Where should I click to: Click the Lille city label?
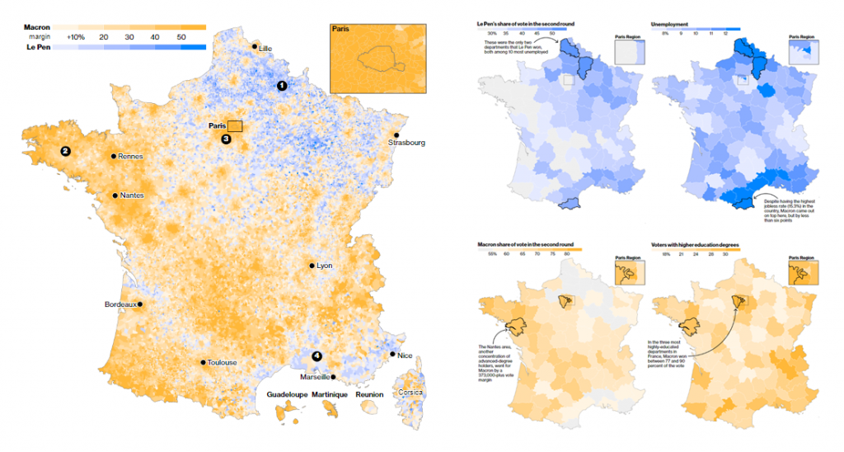click(x=265, y=49)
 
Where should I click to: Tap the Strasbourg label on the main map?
click(x=407, y=144)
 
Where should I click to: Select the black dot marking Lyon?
click(x=312, y=266)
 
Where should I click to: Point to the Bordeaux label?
click(x=120, y=304)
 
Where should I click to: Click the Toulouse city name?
click(x=222, y=362)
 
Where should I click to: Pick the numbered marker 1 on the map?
click(x=282, y=85)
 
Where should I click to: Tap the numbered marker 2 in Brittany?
click(x=64, y=151)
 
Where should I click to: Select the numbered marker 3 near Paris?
click(x=227, y=139)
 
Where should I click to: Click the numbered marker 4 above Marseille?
click(x=316, y=356)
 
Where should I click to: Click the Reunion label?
click(x=370, y=395)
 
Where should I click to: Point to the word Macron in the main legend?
click(x=36, y=27)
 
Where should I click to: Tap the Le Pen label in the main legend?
click(x=36, y=48)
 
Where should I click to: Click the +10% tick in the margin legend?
click(x=77, y=38)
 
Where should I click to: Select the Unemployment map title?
click(x=673, y=26)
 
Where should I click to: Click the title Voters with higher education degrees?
click(x=695, y=246)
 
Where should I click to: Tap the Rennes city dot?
click(x=114, y=156)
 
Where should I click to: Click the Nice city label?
click(x=405, y=355)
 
